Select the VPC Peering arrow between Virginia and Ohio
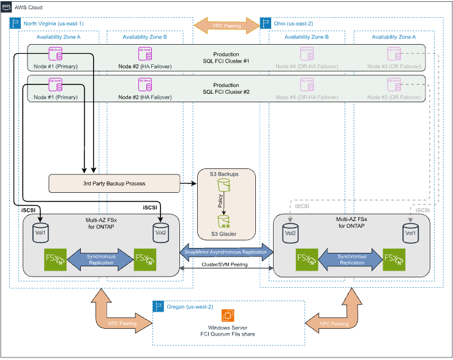tap(226, 25)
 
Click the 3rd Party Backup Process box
tap(114, 182)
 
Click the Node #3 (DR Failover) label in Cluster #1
tap(394, 66)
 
